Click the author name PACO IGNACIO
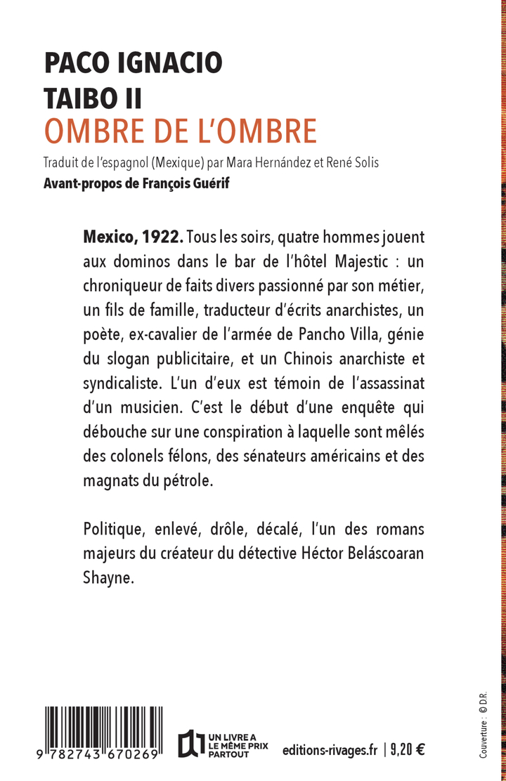tap(134, 64)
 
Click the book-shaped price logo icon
tap(188, 744)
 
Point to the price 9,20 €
tap(408, 749)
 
